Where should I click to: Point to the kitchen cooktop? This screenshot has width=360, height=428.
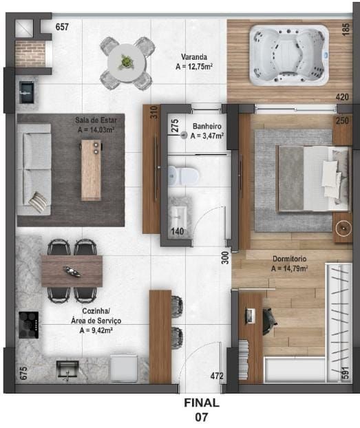pyautogui.click(x=28, y=324)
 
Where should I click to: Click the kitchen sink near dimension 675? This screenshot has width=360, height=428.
pyautogui.click(x=68, y=370)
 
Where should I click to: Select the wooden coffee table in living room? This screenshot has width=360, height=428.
pyautogui.click(x=91, y=169)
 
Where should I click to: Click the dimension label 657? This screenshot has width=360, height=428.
pyautogui.click(x=63, y=27)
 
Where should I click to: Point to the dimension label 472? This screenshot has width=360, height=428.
pyautogui.click(x=218, y=376)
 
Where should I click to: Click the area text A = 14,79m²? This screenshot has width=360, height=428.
pyautogui.click(x=289, y=268)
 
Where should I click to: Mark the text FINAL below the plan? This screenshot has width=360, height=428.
pyautogui.click(x=201, y=403)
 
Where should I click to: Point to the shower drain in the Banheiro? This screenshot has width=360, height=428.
pyautogui.click(x=184, y=136)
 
